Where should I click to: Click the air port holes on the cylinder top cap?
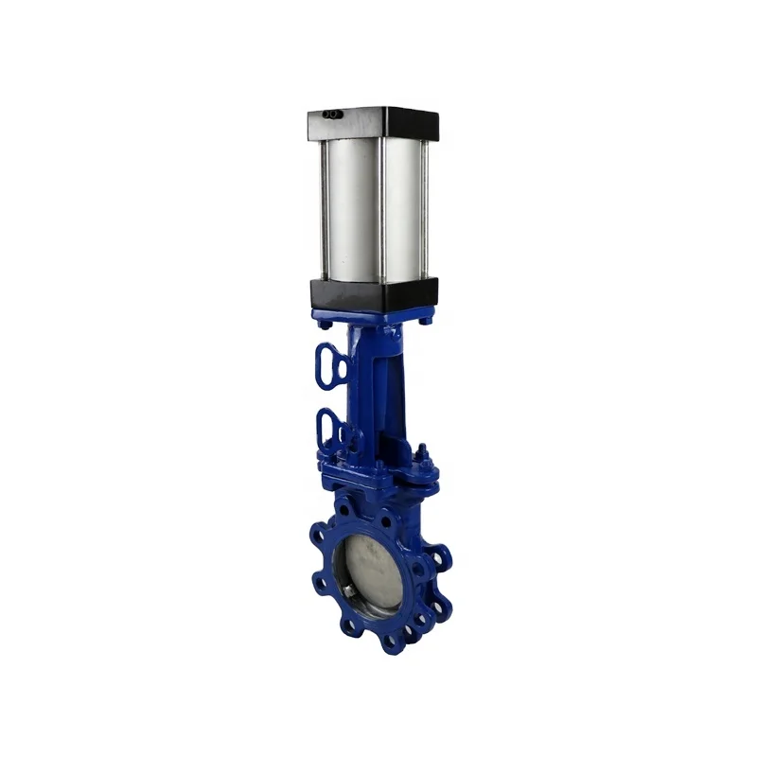pyautogui.click(x=332, y=115)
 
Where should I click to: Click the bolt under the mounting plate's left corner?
pyautogui.click(x=325, y=325)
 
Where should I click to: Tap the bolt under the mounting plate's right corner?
pyautogui.click(x=426, y=320)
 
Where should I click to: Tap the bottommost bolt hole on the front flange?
pyautogui.click(x=389, y=642)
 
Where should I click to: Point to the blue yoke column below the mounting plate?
pyautogui.click(x=374, y=378)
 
